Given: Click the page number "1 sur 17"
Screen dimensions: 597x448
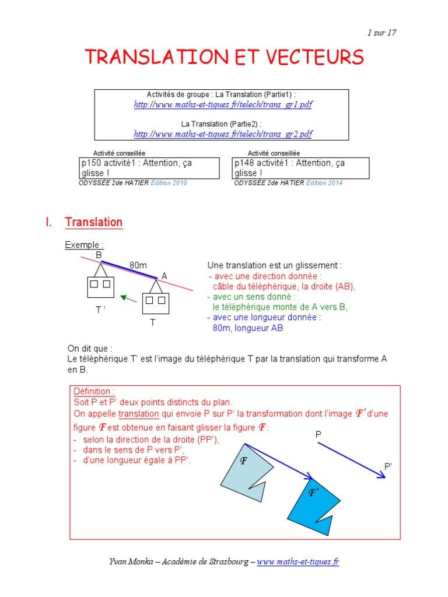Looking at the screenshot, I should (381, 33).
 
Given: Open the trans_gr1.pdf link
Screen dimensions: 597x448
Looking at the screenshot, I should (223, 104).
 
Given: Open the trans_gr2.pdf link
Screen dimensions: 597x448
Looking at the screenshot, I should (223, 134).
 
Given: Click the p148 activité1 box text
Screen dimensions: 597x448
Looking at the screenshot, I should (290, 168).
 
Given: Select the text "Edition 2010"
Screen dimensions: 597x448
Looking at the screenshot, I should (169, 183).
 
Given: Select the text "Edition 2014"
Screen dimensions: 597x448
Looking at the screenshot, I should (324, 183).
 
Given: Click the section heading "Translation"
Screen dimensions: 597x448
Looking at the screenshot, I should (94, 222).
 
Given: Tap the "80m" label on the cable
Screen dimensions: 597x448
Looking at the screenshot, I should (138, 265).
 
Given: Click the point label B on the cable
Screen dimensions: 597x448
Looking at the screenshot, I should (99, 255).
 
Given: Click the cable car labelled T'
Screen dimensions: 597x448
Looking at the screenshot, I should (100, 286).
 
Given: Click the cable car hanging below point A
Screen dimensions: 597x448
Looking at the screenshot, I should (156, 301).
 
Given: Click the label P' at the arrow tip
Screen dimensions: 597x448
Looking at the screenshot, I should (389, 466).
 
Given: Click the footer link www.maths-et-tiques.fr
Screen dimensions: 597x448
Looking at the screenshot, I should (298, 561).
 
